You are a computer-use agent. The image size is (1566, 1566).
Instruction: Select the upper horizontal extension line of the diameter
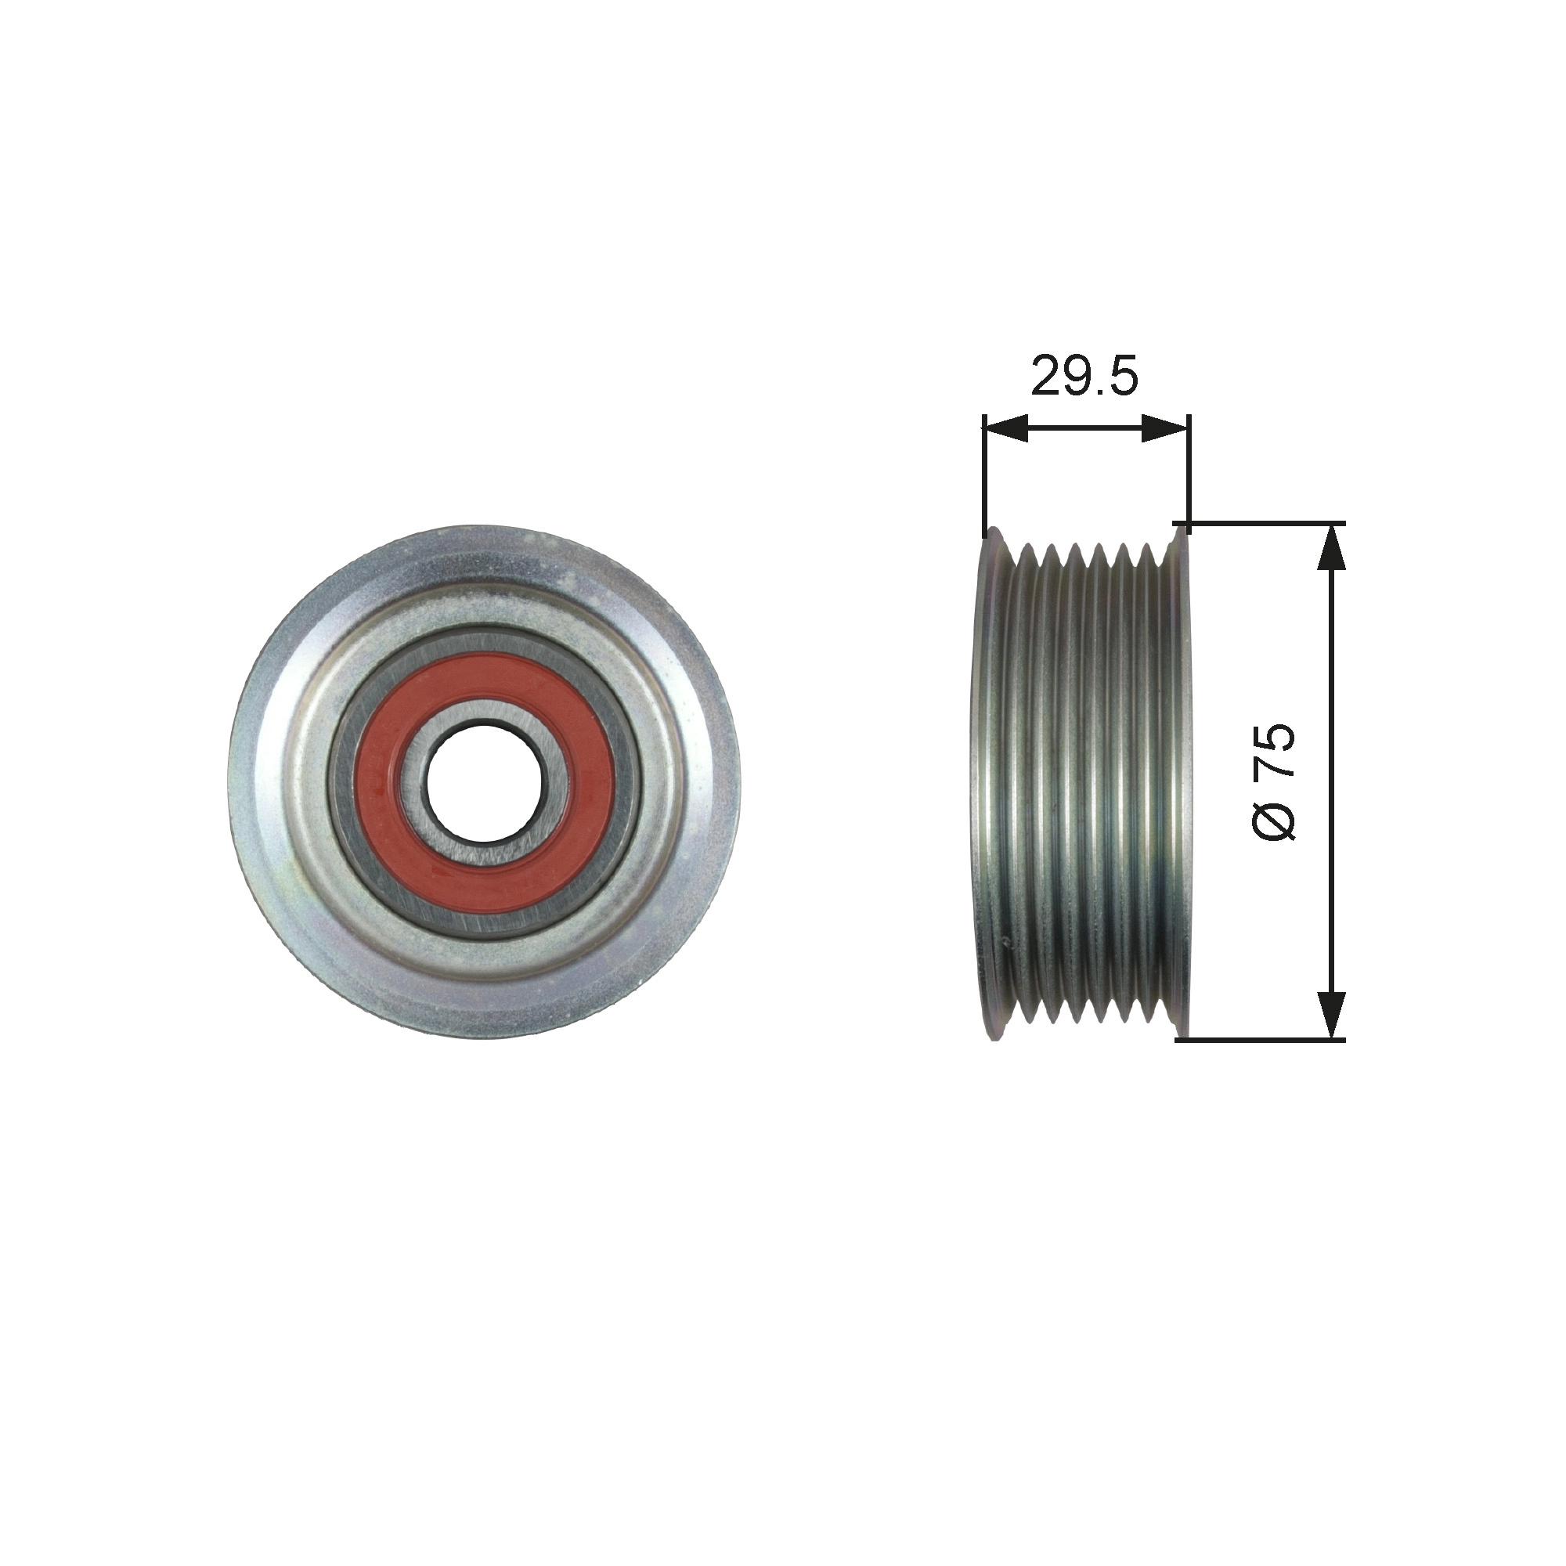coord(1265,523)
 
